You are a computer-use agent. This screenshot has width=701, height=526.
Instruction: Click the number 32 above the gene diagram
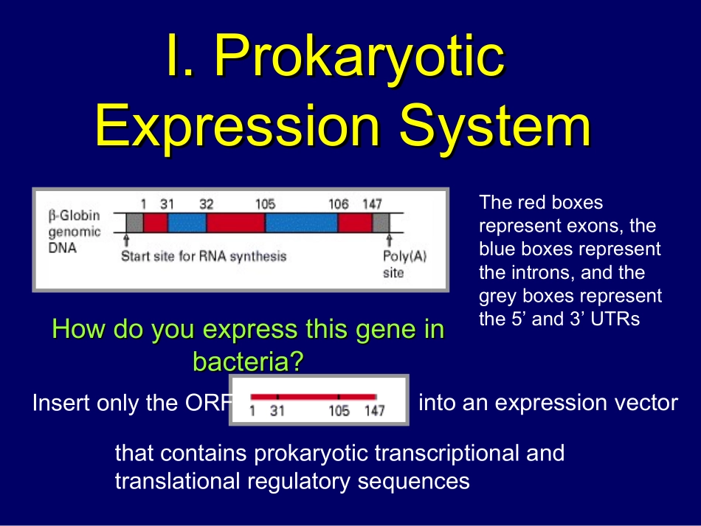click(x=206, y=204)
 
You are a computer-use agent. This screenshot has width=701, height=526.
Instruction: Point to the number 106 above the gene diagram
click(x=339, y=204)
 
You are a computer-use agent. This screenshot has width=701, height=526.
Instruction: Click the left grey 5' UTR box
click(x=134, y=223)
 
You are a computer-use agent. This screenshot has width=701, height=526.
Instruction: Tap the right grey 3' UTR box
click(x=381, y=223)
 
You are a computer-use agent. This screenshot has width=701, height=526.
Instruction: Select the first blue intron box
click(x=187, y=223)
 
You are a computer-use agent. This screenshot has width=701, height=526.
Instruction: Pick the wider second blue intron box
click(x=301, y=223)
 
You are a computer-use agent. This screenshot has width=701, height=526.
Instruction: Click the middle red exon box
click(x=235, y=223)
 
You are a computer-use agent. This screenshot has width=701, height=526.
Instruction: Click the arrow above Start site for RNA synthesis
click(x=126, y=240)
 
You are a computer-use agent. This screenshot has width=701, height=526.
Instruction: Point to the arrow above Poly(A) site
click(x=390, y=240)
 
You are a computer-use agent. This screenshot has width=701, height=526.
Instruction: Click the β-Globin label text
click(x=75, y=216)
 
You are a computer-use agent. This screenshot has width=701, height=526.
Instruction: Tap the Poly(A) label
click(x=405, y=257)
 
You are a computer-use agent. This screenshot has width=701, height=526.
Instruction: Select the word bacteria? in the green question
click(x=248, y=361)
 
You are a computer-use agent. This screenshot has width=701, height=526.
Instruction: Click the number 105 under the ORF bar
click(x=339, y=410)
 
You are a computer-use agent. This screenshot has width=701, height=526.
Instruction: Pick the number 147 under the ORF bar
click(x=374, y=410)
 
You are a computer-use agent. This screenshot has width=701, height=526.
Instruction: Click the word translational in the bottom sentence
click(x=178, y=481)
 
